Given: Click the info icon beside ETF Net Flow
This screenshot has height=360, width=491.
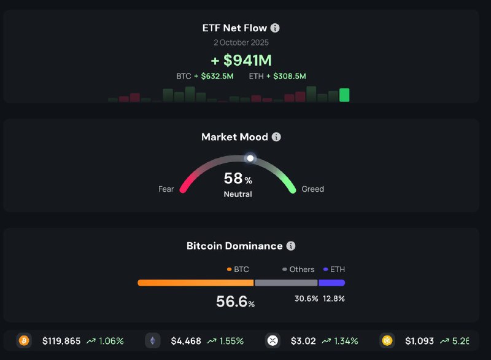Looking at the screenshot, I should (x=275, y=28).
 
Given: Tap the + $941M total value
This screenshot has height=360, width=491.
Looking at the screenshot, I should (x=241, y=60).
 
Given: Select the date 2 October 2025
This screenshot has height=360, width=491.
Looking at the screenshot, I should (x=241, y=43).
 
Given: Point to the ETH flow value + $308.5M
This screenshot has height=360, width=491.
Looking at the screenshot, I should (x=286, y=76).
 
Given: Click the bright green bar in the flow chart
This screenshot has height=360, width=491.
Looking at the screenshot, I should (x=344, y=95).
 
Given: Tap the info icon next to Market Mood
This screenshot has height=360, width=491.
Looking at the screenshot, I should (x=276, y=137).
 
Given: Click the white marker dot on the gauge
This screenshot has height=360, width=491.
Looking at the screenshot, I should (x=250, y=158).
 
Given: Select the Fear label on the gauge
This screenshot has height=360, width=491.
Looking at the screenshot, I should (x=166, y=189).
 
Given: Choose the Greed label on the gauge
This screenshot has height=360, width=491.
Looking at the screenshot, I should (x=312, y=189).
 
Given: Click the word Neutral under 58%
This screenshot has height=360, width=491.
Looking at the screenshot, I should (x=238, y=194).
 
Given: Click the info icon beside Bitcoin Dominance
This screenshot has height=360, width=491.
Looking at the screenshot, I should (x=291, y=246).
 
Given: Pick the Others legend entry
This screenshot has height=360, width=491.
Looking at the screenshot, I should (x=298, y=270).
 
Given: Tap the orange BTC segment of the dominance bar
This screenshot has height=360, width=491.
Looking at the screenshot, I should (x=195, y=283).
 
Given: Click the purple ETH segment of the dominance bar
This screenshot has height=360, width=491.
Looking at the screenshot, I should (x=331, y=283).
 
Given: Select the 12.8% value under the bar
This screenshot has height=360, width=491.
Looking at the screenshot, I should (x=334, y=299).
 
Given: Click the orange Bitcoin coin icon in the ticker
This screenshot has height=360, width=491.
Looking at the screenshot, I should (x=24, y=340).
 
